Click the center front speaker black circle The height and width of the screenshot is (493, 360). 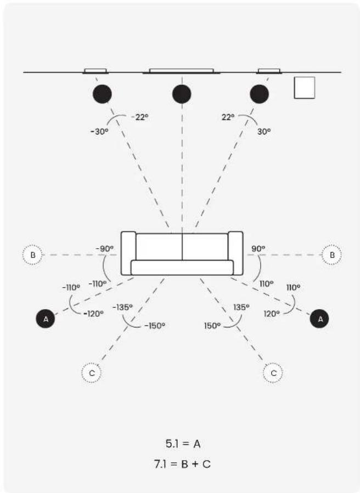(182, 94)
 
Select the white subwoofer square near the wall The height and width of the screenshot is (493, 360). (305, 87)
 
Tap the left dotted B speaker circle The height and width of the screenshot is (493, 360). (33, 255)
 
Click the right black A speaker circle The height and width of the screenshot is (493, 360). (319, 319)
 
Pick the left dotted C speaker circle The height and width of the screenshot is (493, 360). (92, 373)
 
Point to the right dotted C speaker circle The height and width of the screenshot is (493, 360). (273, 373)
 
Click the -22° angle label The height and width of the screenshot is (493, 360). (139, 117)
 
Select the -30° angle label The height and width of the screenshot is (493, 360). (99, 131)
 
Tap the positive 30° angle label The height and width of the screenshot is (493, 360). (264, 131)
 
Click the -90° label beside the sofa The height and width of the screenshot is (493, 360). (105, 249)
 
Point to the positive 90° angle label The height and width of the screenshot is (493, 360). (258, 249)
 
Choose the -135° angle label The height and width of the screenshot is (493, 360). (122, 307)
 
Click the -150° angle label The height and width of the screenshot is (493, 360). (155, 326)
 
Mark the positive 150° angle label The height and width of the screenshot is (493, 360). (212, 326)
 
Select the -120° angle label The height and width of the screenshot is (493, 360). (93, 313)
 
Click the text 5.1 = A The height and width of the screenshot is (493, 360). (183, 444)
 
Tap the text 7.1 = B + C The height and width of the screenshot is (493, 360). (182, 464)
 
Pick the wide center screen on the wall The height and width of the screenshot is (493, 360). (182, 71)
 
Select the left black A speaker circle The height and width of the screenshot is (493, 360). (46, 319)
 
